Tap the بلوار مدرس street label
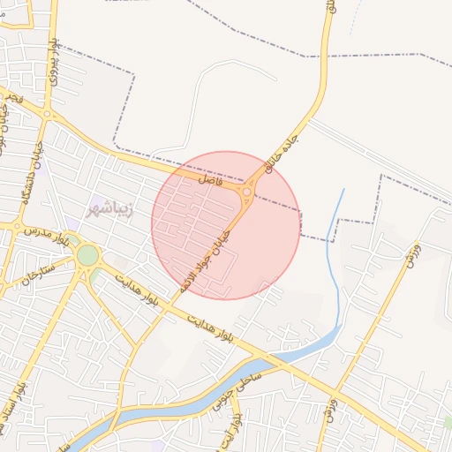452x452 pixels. (46, 235)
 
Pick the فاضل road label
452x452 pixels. (211, 178)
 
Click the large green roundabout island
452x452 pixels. (87, 256)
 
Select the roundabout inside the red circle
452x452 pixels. (247, 192)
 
